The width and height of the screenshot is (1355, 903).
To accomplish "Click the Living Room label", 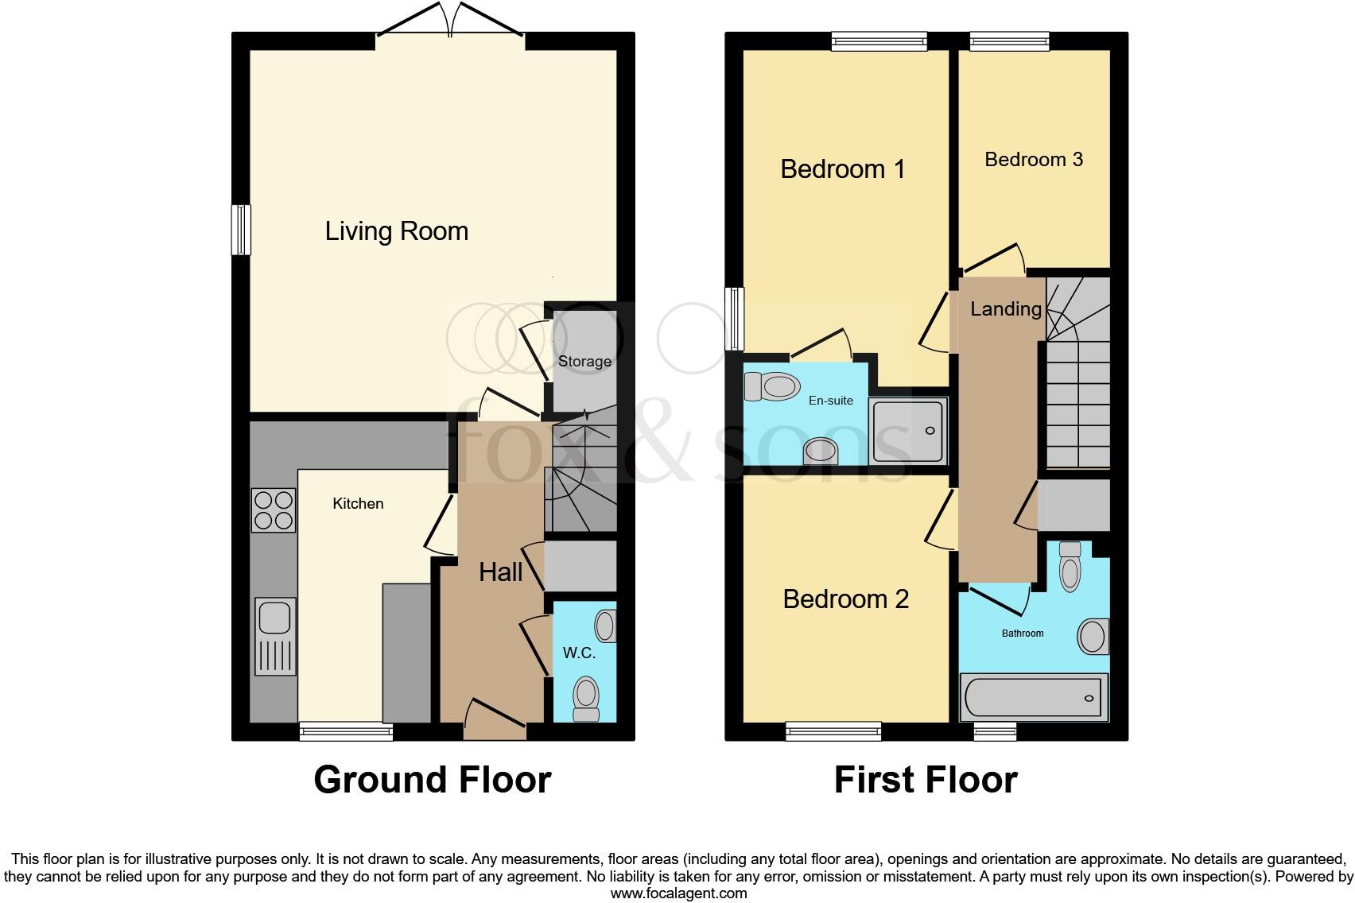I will (396, 231).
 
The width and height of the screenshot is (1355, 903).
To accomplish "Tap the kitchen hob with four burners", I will (273, 510).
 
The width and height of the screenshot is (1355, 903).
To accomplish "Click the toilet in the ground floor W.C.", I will (587, 696).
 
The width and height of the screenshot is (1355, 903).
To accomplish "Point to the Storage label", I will (584, 362).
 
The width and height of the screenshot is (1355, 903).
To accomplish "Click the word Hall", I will (500, 572).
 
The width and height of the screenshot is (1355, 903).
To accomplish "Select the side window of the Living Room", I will (240, 230).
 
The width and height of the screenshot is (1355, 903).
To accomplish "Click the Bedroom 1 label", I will (842, 169).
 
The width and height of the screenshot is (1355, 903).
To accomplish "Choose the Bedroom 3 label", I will (1033, 160).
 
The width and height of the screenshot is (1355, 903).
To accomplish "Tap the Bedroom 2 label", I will (845, 599).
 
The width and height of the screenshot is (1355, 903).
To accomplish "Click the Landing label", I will (1005, 309).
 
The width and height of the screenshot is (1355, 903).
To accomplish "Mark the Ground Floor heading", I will (432, 780).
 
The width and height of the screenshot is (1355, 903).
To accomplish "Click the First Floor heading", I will (926, 780).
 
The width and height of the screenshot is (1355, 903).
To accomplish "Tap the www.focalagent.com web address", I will (678, 893).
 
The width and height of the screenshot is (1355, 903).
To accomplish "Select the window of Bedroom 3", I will (1009, 41).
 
